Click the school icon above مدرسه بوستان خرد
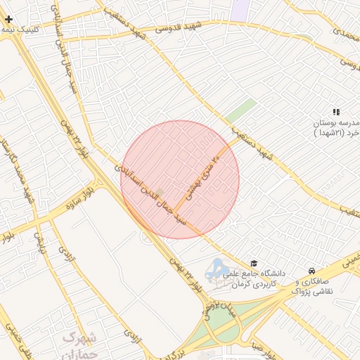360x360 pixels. point(336,112)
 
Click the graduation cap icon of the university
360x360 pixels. point(254,262)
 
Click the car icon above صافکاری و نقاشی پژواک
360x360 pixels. point(311,271)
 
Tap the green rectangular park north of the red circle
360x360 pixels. point(240,111)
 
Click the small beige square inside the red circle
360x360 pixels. point(160,192)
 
